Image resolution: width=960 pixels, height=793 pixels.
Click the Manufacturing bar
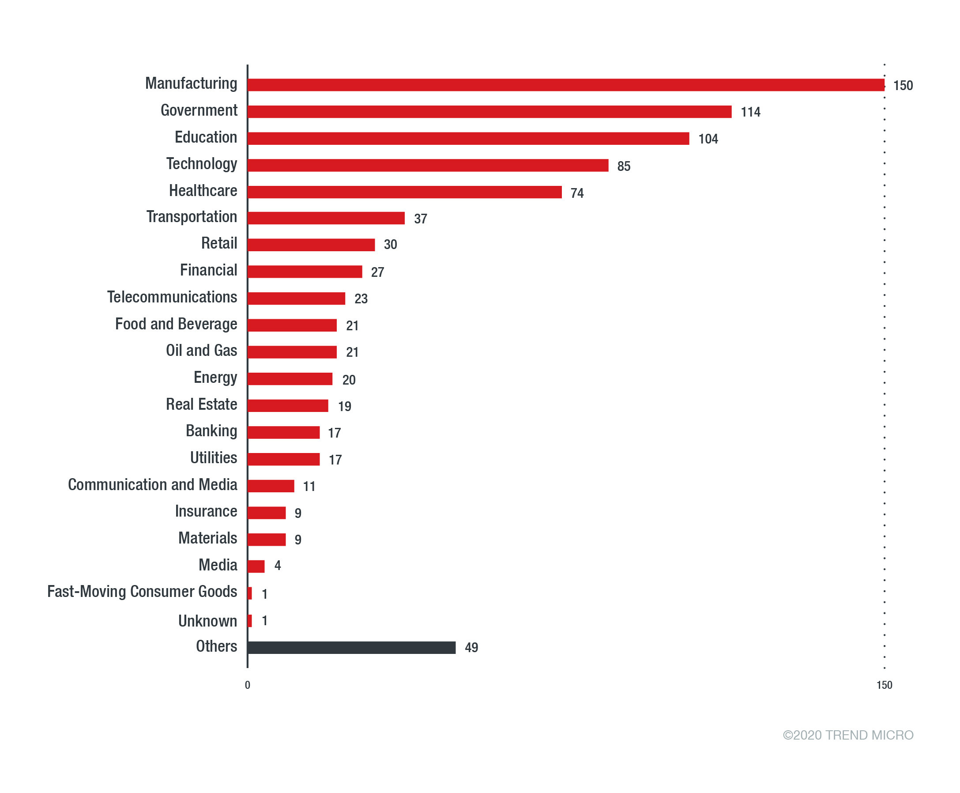[565, 85]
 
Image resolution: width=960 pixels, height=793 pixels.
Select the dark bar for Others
[351, 647]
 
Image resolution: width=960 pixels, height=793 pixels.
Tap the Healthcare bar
[404, 192]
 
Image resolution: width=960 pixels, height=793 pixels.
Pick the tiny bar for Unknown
[250, 621]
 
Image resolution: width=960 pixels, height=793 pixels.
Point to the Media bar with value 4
[256, 566]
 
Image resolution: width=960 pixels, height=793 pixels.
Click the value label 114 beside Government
[750, 112]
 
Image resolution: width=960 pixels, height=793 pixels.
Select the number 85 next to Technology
[623, 166]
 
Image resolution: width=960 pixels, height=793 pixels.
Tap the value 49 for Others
[471, 647]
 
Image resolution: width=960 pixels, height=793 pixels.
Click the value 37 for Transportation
[420, 219]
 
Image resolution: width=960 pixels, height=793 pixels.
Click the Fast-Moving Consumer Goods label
[142, 592]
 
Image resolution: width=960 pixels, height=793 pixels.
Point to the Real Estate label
[201, 404]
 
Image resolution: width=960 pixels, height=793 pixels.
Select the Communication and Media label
[153, 485]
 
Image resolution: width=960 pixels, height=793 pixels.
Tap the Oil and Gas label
[201, 351]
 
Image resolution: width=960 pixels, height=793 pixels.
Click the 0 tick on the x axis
[248, 685]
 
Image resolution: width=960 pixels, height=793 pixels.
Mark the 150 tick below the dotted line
[884, 685]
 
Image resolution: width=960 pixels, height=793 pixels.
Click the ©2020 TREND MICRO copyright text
[847, 735]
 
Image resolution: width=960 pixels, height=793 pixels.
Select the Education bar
[468, 138]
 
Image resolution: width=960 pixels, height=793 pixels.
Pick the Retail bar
[311, 245]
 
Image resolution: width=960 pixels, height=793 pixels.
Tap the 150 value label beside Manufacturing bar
[903, 85]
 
